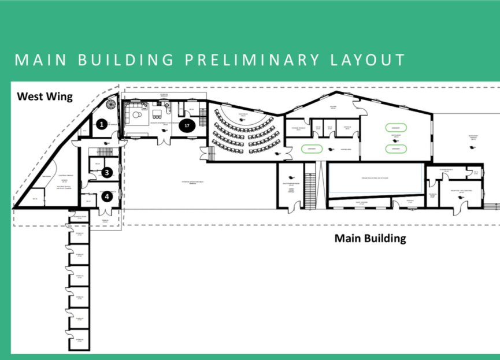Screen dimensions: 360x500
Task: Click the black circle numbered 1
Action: click(x=102, y=124)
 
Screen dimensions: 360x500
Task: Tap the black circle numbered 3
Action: click(x=106, y=172)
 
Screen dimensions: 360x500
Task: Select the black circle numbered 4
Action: click(x=106, y=196)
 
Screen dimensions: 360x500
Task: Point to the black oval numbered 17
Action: click(x=187, y=125)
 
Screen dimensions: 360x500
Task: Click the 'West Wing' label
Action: click(x=45, y=97)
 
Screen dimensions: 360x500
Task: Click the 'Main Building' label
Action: click(x=370, y=238)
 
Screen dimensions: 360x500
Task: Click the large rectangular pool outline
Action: click(x=376, y=179)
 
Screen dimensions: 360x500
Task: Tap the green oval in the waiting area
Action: click(x=311, y=149)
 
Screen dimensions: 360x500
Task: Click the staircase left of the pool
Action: click(x=311, y=185)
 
